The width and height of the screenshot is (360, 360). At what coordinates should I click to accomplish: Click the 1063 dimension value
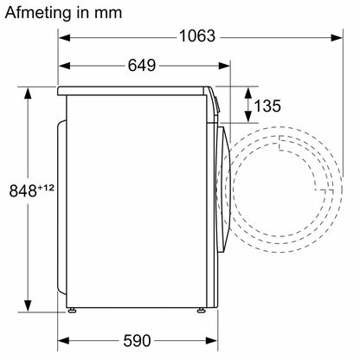click(x=197, y=36)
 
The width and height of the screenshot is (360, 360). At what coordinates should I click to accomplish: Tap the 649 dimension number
click(x=142, y=66)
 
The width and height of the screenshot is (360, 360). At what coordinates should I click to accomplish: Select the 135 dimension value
click(x=267, y=106)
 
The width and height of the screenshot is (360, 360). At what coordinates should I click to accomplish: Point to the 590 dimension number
click(x=137, y=341)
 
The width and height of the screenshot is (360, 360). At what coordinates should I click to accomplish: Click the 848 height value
click(x=23, y=190)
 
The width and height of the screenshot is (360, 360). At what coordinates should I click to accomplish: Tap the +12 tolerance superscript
click(x=46, y=188)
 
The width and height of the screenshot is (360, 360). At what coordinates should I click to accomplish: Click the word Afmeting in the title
click(x=38, y=13)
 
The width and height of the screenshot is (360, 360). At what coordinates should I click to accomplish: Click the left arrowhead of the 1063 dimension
click(x=65, y=37)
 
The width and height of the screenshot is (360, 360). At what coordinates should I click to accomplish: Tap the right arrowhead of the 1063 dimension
click(x=337, y=37)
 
